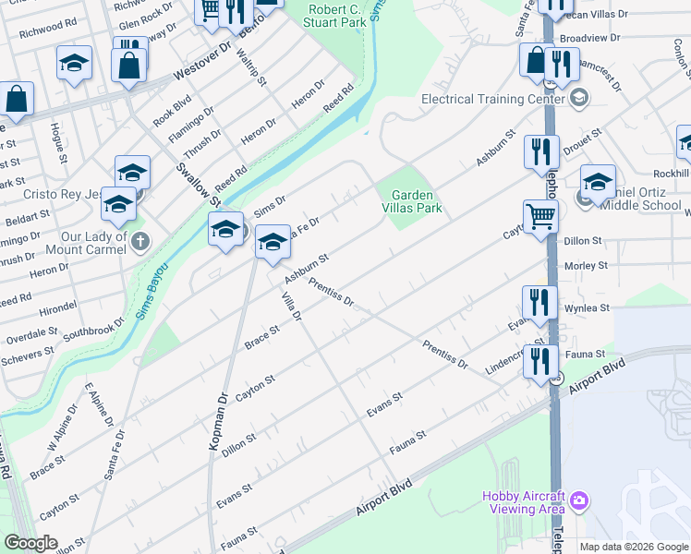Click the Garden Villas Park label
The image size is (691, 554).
tap(417, 201)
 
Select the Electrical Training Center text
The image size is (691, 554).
tap(492, 99)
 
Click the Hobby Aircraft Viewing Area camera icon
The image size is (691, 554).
tap(578, 500)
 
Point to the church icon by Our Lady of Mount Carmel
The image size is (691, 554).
tap(140, 242)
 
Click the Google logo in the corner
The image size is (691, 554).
tap(30, 543)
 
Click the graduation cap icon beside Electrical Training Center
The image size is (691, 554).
tap(578, 98)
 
